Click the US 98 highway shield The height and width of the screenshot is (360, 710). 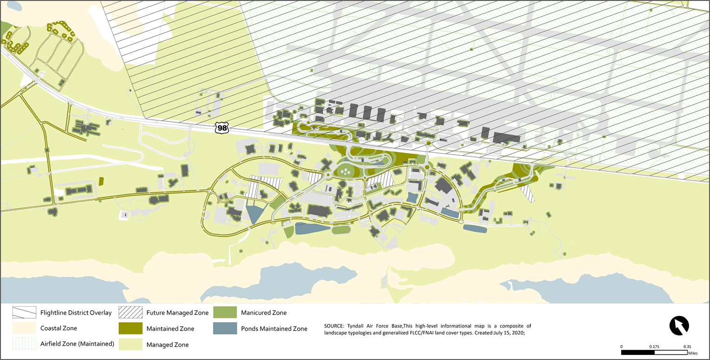pos(221,128)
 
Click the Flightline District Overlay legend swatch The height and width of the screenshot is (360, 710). pos(24,313)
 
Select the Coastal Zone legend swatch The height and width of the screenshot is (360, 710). pos(24,328)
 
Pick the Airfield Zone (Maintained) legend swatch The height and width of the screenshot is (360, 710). pos(24,344)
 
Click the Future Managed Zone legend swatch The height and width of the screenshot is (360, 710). pos(130,313)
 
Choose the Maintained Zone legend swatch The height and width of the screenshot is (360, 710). pos(130,328)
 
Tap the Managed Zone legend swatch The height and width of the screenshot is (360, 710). pos(130,344)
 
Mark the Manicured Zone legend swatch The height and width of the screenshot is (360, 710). pos(225,313)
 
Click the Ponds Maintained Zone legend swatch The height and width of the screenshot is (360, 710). pos(225,328)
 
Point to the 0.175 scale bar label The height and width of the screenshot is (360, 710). pos(655,347)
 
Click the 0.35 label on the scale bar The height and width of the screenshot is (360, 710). pos(687,347)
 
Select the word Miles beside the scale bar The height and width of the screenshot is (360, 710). pos(693,353)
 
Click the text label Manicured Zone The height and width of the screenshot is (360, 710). pos(264,313)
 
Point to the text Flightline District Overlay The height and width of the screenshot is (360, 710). pos(76,313)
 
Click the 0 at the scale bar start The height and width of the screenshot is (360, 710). pos(621,347)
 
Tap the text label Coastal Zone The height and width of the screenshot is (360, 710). pos(59,328)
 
